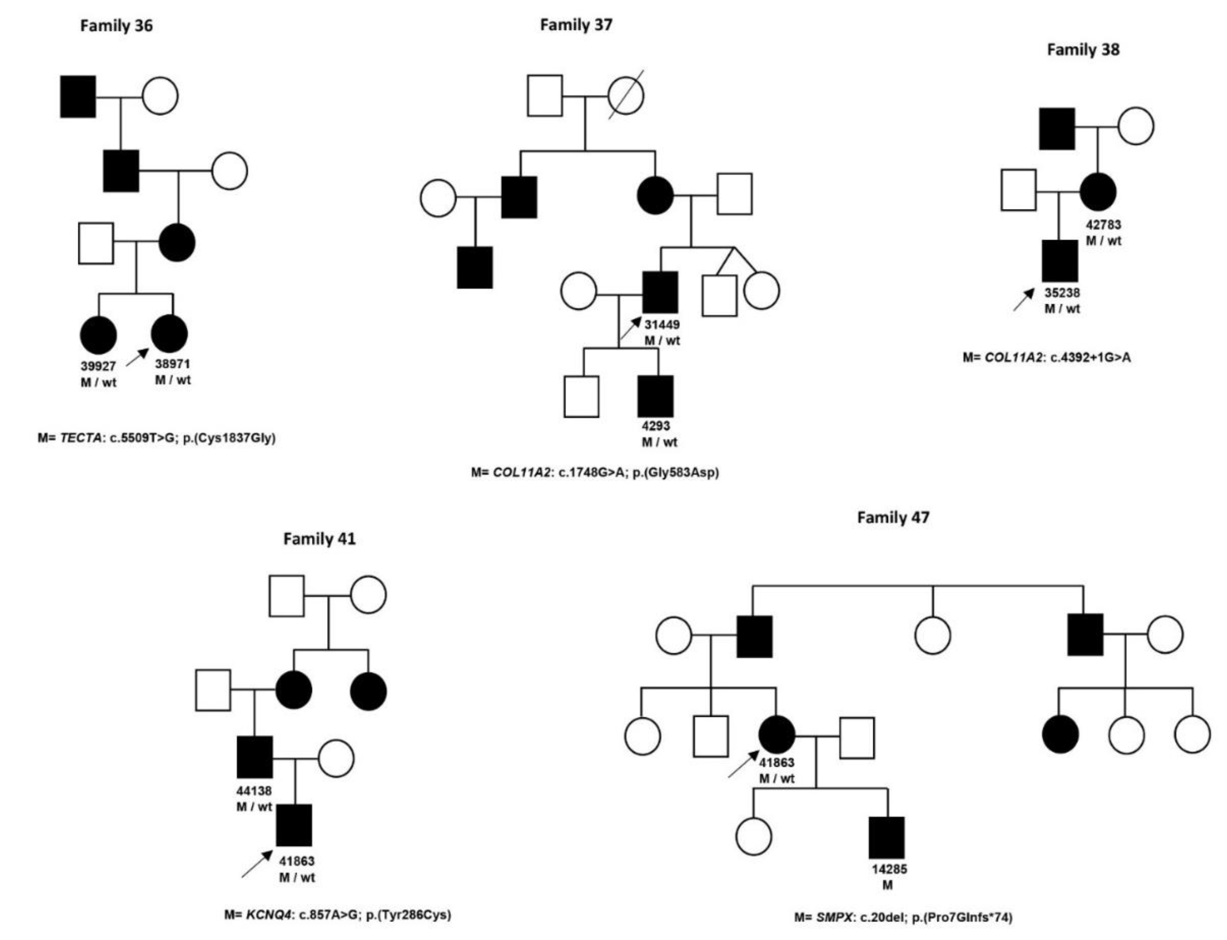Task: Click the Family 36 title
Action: tap(116, 26)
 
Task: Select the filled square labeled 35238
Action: tap(1060, 261)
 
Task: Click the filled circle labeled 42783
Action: tap(1098, 192)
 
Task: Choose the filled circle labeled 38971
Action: tap(170, 333)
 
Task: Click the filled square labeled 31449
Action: tap(660, 292)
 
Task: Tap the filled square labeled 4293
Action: tap(656, 396)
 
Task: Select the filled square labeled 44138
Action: tap(255, 757)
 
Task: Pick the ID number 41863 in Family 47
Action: tap(776, 762)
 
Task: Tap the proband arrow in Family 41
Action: tap(257, 864)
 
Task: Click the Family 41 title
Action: tap(319, 539)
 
